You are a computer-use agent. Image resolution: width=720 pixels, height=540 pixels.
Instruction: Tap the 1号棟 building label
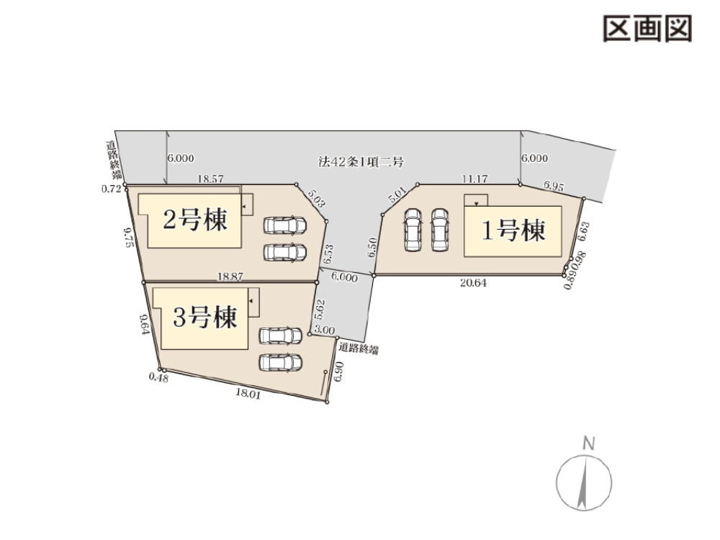[x=513, y=231]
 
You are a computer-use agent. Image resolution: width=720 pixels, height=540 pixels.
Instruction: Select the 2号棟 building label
[x=195, y=220]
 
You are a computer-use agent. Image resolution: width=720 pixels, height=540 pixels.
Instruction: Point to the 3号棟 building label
[x=204, y=317]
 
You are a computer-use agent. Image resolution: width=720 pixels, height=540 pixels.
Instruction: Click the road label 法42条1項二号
[x=361, y=162]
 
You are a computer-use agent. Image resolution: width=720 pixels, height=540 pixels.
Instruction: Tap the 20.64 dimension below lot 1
[x=473, y=283]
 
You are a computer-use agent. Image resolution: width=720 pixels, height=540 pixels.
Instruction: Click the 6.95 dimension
[x=553, y=186]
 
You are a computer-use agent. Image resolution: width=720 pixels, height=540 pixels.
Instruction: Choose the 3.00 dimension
[x=325, y=330]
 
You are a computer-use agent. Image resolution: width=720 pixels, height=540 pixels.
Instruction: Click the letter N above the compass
[x=588, y=444]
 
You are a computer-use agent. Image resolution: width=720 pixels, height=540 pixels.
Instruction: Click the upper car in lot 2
[x=284, y=226]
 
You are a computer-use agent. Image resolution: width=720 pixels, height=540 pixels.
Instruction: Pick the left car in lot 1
[x=413, y=230]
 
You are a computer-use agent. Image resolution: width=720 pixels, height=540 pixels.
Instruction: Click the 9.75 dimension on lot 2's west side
[x=129, y=237]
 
